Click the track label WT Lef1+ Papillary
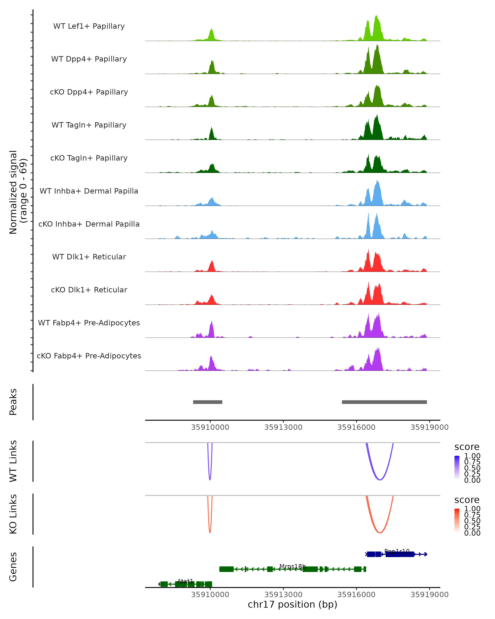[89, 26]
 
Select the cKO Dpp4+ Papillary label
[89, 92]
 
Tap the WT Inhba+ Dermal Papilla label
[89, 191]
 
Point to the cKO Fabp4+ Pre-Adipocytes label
[89, 356]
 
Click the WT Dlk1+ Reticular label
[89, 257]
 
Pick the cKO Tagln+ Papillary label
[89, 158]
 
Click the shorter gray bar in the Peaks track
[207, 402]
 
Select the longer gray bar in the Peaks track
[384, 402]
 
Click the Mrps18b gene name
[292, 566]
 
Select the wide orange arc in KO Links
[380, 532]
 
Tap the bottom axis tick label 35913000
[283, 594]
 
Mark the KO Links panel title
[13, 514]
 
